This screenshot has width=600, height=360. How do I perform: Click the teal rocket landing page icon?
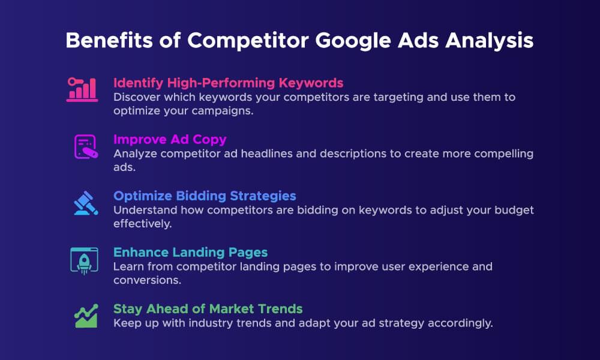tap(83, 260)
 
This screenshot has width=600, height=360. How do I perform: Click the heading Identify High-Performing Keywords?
tap(229, 83)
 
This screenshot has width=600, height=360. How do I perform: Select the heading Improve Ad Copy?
tap(170, 139)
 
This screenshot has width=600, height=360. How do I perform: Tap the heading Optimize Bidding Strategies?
tap(205, 196)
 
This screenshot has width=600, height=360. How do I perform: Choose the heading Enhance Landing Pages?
tap(190, 253)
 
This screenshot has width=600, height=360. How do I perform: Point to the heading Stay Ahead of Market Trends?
tap(208, 309)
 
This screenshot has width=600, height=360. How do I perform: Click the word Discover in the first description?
tap(136, 97)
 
